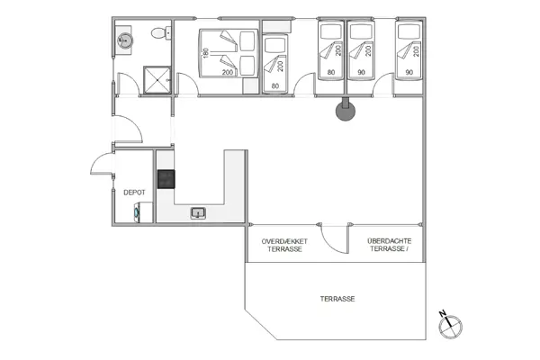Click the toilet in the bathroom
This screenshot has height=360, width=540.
[159, 33]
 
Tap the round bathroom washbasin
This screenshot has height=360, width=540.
[125, 40]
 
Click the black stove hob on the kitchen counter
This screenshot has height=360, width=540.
[166, 178]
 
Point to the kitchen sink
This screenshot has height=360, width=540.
[199, 213]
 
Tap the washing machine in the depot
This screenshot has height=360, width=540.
[136, 213]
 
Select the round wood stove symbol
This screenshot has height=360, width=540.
[344, 112]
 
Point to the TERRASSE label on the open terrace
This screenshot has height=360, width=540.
[336, 299]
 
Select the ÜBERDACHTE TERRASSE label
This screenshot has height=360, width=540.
[389, 245]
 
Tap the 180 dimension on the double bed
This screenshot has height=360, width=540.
[204, 52]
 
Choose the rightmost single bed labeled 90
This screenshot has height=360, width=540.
[409, 56]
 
